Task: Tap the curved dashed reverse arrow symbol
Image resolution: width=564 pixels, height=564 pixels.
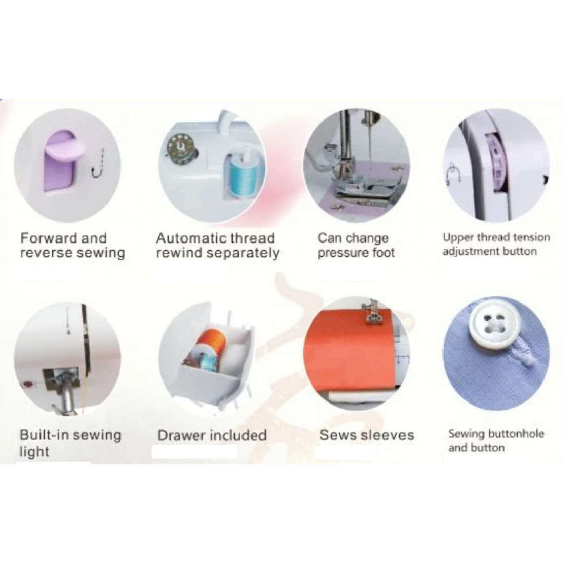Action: click(x=98, y=163)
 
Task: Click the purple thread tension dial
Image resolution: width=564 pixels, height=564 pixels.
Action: click(x=498, y=164)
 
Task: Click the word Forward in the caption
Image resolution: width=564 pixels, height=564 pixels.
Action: click(x=48, y=238)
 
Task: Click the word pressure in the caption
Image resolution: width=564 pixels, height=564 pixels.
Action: click(x=341, y=253)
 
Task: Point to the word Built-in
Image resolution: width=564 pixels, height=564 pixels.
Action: click(x=44, y=435)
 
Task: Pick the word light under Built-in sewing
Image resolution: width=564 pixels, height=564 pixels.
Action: click(x=34, y=452)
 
